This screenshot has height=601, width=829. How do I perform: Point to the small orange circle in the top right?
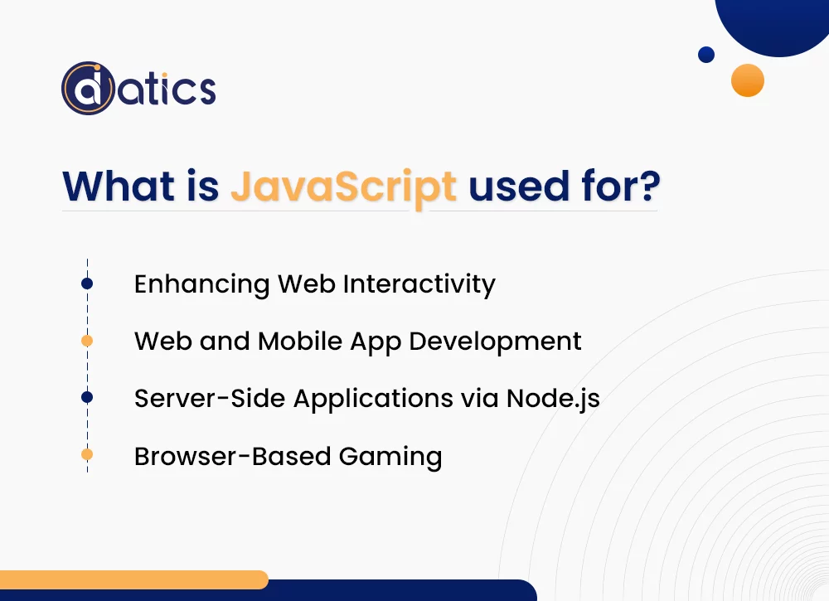pos(747,80)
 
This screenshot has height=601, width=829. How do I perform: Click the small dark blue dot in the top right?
pos(706,55)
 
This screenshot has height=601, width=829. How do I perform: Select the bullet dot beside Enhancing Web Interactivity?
pos(87,284)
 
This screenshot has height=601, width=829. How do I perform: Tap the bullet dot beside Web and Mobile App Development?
pos(87,341)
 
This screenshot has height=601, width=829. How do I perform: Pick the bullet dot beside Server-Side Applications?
pos(87,398)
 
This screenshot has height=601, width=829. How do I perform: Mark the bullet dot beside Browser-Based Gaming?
pos(87,454)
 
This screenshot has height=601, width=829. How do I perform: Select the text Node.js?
pos(553,399)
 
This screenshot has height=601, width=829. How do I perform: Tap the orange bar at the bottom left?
pos(133,579)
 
